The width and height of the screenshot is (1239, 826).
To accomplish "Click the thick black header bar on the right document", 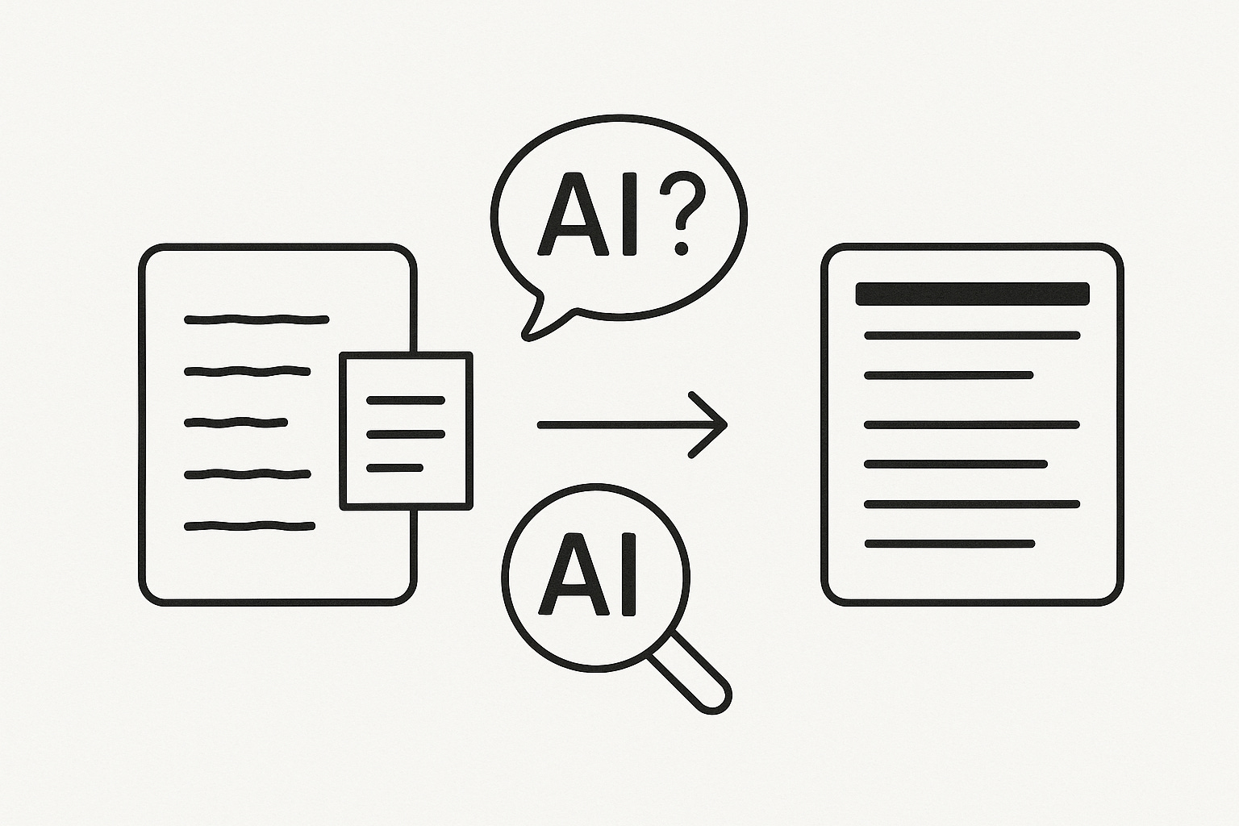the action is [x=972, y=294].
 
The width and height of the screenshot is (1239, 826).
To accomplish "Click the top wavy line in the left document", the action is [x=257, y=320].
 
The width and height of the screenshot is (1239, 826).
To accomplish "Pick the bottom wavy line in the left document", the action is [x=249, y=527].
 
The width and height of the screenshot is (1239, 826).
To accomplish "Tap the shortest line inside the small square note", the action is [x=394, y=468].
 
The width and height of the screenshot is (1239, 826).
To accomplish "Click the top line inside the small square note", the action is [x=406, y=400].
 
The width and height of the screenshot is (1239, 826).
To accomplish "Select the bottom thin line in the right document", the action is [x=949, y=544].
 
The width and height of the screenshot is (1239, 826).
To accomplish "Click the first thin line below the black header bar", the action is [x=972, y=335].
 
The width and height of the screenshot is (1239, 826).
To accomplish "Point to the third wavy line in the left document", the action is [x=236, y=422].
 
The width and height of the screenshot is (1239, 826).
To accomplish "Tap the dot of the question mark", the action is [x=682, y=246].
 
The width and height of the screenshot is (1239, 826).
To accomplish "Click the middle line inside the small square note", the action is [x=406, y=434].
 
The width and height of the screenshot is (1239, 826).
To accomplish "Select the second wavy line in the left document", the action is [x=248, y=372].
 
